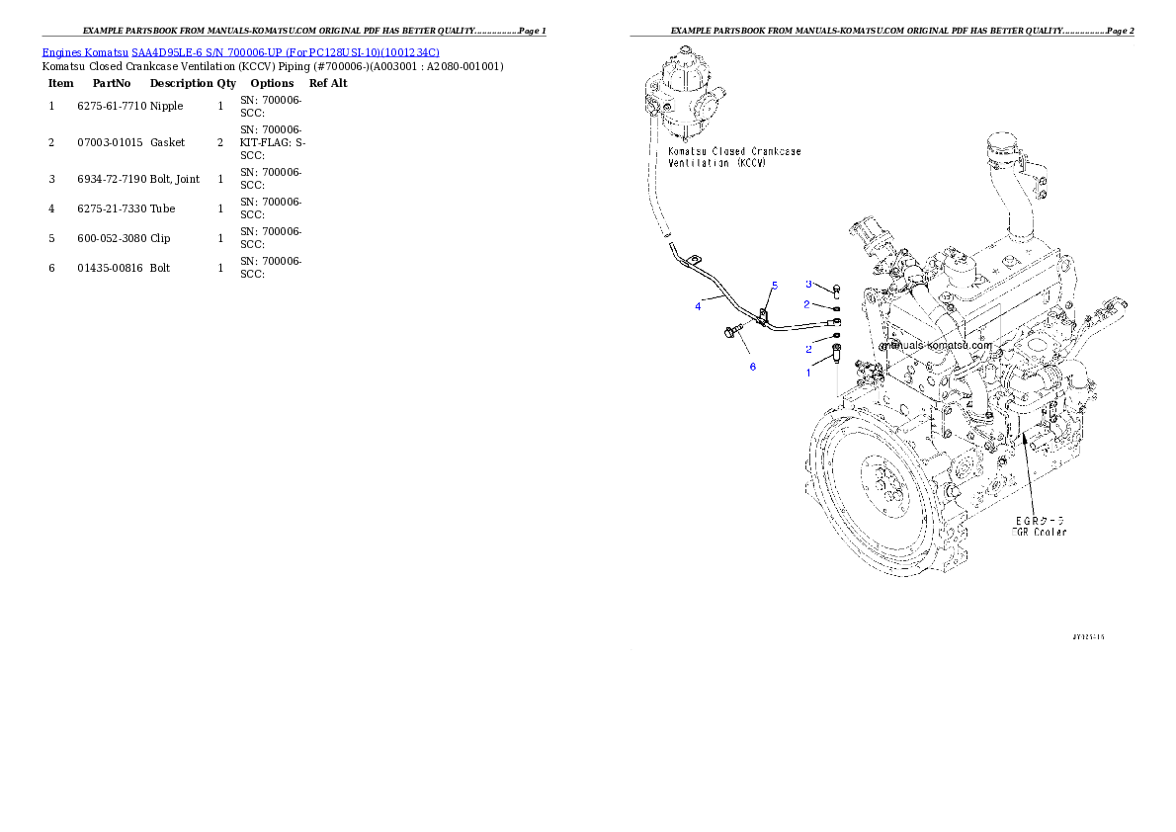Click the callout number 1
(x=807, y=373)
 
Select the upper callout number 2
(x=807, y=304)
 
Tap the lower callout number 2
(x=808, y=349)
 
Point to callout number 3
(x=808, y=284)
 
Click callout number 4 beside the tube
(x=698, y=306)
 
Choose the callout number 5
(x=775, y=286)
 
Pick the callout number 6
(x=753, y=367)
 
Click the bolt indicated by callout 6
(x=732, y=333)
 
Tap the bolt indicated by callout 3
(x=836, y=290)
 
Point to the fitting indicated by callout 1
(x=836, y=353)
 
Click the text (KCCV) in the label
(x=750, y=162)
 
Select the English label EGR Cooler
(x=1038, y=533)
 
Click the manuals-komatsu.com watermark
(x=935, y=346)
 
